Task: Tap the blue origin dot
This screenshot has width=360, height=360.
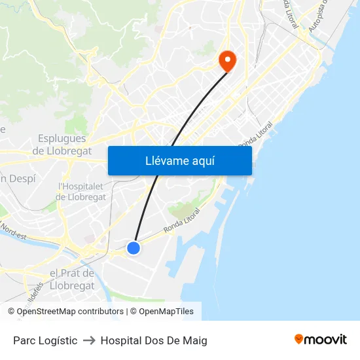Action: click(134, 248)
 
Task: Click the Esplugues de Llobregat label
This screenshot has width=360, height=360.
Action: click(62, 145)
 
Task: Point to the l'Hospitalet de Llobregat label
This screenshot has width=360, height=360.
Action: click(81, 191)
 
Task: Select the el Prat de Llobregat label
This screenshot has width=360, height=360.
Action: click(72, 279)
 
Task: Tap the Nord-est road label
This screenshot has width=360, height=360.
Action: click(13, 231)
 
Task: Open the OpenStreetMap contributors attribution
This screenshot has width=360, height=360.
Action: click(69, 312)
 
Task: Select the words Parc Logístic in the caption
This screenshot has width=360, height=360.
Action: click(45, 340)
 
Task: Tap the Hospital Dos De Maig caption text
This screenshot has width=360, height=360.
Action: click(154, 340)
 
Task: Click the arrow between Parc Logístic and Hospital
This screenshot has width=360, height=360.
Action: click(89, 340)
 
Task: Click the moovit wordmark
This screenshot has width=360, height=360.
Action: click(325, 339)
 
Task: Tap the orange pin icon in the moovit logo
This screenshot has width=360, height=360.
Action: click(299, 339)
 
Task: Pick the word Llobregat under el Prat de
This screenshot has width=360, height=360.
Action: click(72, 286)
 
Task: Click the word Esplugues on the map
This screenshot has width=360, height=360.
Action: click(62, 139)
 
